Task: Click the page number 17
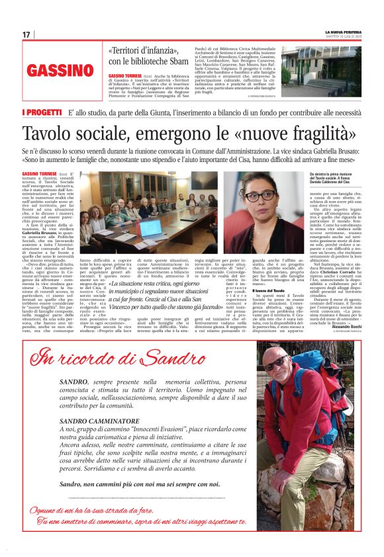pyautogui.click(x=26, y=34)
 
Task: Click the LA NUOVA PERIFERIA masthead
pyautogui.click(x=342, y=32)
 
